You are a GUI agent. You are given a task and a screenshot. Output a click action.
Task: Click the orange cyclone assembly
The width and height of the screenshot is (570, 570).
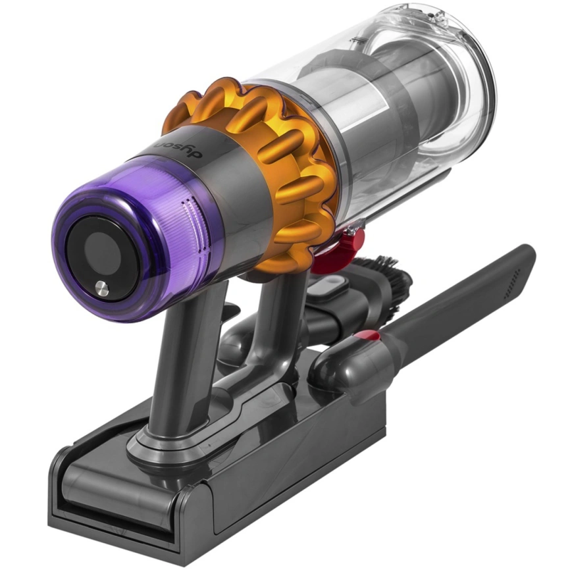coord(283,165)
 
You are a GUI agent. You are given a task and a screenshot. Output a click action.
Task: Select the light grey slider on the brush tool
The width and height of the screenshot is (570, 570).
coord(333,285)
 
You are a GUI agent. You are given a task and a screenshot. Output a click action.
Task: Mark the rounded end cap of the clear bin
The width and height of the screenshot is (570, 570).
coord(461,72)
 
